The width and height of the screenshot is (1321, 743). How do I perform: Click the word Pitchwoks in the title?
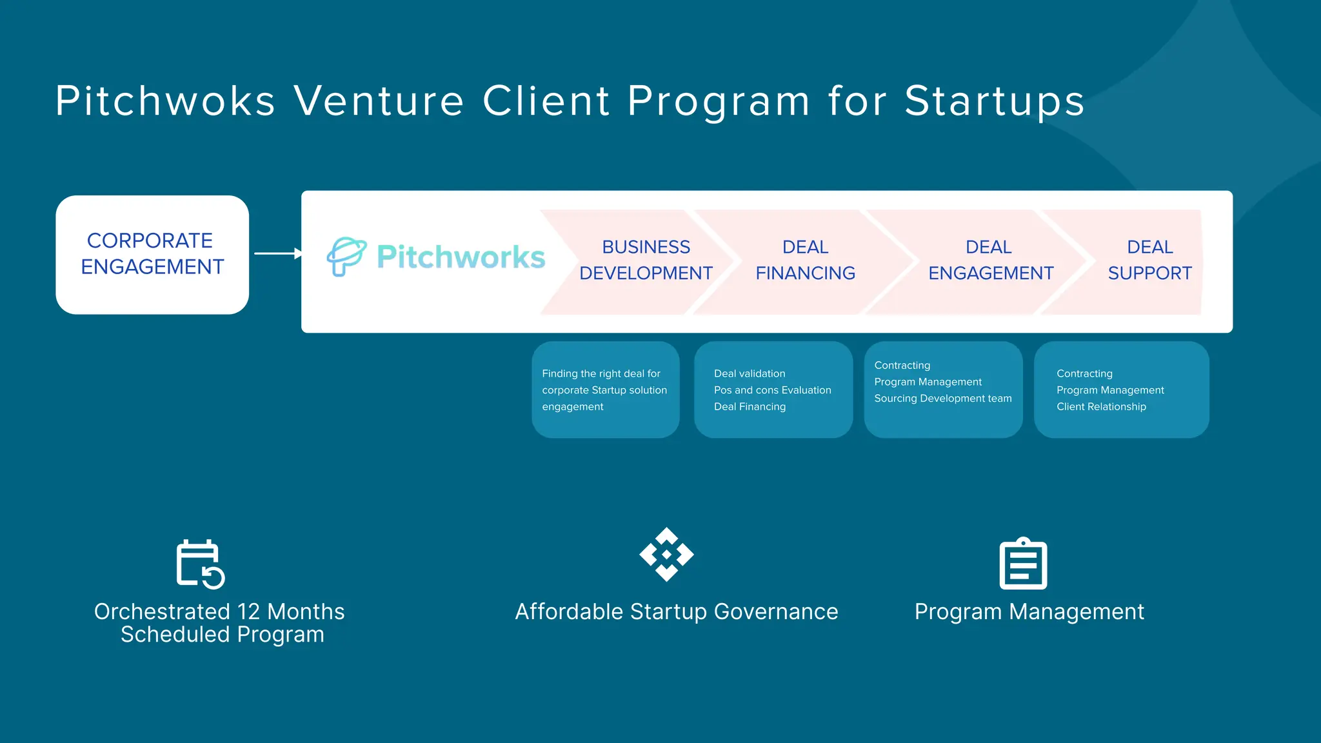[166, 101]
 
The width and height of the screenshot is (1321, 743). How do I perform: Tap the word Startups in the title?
[994, 101]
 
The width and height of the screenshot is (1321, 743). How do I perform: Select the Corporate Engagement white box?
[152, 255]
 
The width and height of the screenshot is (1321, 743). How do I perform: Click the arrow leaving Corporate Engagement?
[277, 253]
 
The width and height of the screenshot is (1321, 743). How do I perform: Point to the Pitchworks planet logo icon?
[346, 256]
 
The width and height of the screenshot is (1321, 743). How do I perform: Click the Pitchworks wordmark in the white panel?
[461, 257]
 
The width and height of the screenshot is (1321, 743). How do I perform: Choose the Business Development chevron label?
[646, 260]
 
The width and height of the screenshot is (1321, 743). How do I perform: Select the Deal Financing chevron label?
[805, 260]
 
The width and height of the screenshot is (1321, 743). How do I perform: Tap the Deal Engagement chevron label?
[990, 260]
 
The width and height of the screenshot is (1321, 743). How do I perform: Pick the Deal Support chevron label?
[1149, 260]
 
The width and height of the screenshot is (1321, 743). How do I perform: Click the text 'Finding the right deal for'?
[601, 373]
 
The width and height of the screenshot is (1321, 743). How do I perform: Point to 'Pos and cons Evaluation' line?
[772, 390]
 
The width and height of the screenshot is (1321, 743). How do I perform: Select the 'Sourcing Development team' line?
[942, 399]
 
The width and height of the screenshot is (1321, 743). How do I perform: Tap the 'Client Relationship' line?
[1101, 407]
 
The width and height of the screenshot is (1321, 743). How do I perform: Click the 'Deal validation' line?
[750, 373]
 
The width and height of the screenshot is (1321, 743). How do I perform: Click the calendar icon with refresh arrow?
[200, 564]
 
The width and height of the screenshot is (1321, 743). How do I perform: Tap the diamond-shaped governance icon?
[666, 555]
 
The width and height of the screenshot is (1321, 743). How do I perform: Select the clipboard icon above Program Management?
[1023, 564]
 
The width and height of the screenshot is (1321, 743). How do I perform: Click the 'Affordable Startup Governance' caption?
[676, 611]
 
